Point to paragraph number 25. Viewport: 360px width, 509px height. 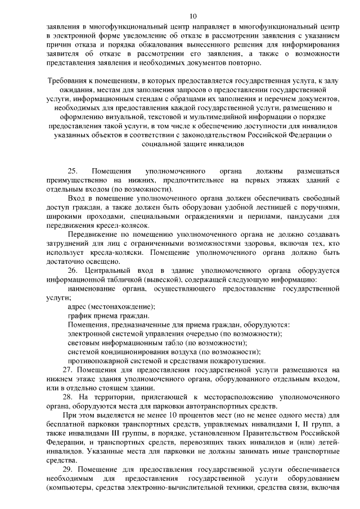pyautogui.click(x=71, y=171)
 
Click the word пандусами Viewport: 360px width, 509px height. pyautogui.click(x=292, y=217)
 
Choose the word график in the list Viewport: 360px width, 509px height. pyautogui.click(x=79, y=316)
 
